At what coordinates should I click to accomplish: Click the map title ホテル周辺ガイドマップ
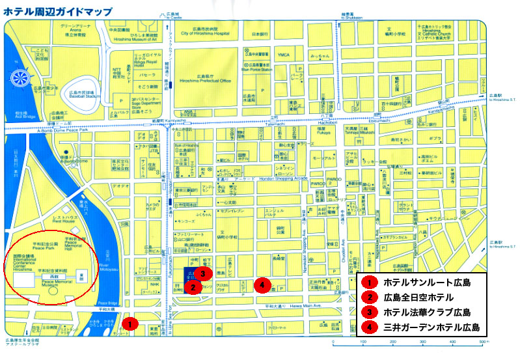point(57,10)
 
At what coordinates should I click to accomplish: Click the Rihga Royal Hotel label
point(149,62)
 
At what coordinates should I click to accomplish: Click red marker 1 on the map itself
point(130,323)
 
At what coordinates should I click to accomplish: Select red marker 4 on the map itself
point(262,284)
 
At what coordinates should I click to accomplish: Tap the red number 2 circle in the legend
point(369,298)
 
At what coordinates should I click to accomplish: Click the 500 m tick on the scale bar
point(482,341)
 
